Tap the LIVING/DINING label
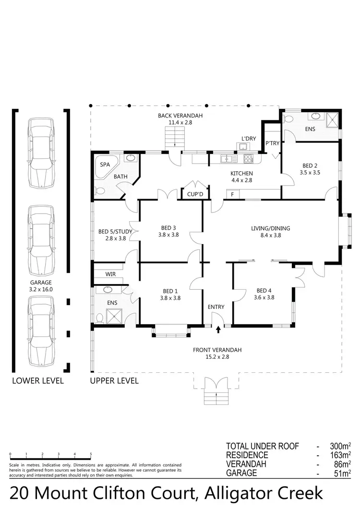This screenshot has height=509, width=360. tap(270, 228)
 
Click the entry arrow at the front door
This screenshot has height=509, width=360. tap(218, 330)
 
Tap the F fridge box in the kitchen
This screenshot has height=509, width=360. tap(232, 194)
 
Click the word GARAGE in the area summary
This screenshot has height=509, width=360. tap(242, 473)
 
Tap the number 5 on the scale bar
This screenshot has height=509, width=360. tap(91, 454)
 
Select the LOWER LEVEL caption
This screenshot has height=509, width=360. tap(38, 381)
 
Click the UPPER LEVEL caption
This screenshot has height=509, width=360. tap(114, 381)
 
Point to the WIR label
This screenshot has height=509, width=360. tap(111, 274)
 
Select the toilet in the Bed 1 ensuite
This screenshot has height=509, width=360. tap(99, 318)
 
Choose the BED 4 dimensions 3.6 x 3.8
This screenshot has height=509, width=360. tap(264, 297)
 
